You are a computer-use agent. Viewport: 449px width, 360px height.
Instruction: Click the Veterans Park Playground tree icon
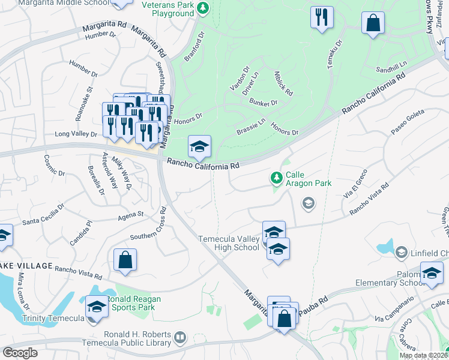(x=203, y=8)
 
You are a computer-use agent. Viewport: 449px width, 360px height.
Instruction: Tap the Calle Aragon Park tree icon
(x=276, y=178)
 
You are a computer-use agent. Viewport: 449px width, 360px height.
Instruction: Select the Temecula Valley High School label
(x=229, y=244)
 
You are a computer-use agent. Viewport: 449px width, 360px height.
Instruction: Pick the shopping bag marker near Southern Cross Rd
(x=125, y=260)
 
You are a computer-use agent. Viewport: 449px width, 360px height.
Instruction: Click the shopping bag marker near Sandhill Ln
(x=373, y=24)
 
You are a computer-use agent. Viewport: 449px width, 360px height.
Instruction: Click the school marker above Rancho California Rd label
(x=199, y=146)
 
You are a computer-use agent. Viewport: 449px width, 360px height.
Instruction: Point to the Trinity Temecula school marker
(x=96, y=308)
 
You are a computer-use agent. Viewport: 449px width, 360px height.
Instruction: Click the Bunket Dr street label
(x=264, y=103)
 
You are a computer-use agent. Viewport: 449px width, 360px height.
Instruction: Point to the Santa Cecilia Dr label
(x=42, y=217)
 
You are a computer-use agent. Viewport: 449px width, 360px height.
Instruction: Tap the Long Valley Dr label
(x=75, y=134)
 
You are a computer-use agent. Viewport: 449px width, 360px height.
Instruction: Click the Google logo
(x=20, y=353)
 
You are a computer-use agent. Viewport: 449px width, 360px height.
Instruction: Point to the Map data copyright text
(x=423, y=355)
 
